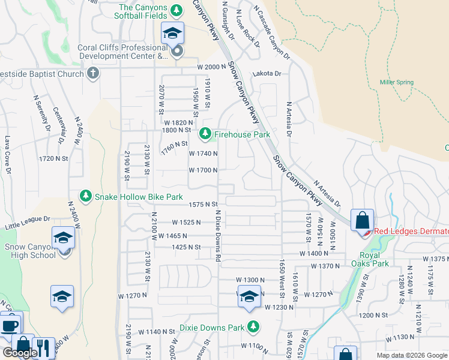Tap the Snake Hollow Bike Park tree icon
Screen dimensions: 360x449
[x=86, y=196]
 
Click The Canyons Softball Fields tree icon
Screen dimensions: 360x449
[x=176, y=10]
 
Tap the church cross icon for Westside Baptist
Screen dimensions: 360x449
[x=92, y=73]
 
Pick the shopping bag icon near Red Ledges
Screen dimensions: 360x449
[x=363, y=220]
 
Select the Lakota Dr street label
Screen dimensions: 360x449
[x=267, y=73]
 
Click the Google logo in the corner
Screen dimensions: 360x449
[x=20, y=353]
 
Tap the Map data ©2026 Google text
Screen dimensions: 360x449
[x=411, y=355]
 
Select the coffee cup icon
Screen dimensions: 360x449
[x=9, y=325]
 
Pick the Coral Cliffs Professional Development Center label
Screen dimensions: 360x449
[x=123, y=52]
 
